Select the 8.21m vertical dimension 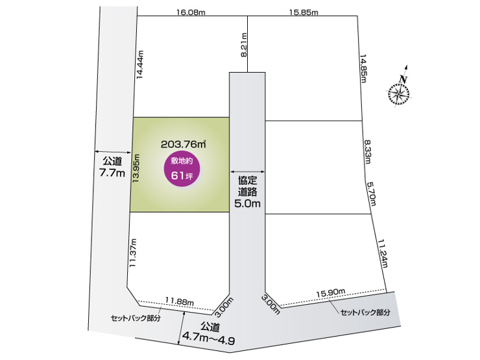(244, 45)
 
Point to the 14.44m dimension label (139, 65)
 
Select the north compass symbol (400, 92)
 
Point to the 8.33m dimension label (368, 152)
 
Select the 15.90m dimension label (330, 294)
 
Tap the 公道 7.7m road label (112, 167)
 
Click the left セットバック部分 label (134, 318)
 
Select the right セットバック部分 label (366, 312)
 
